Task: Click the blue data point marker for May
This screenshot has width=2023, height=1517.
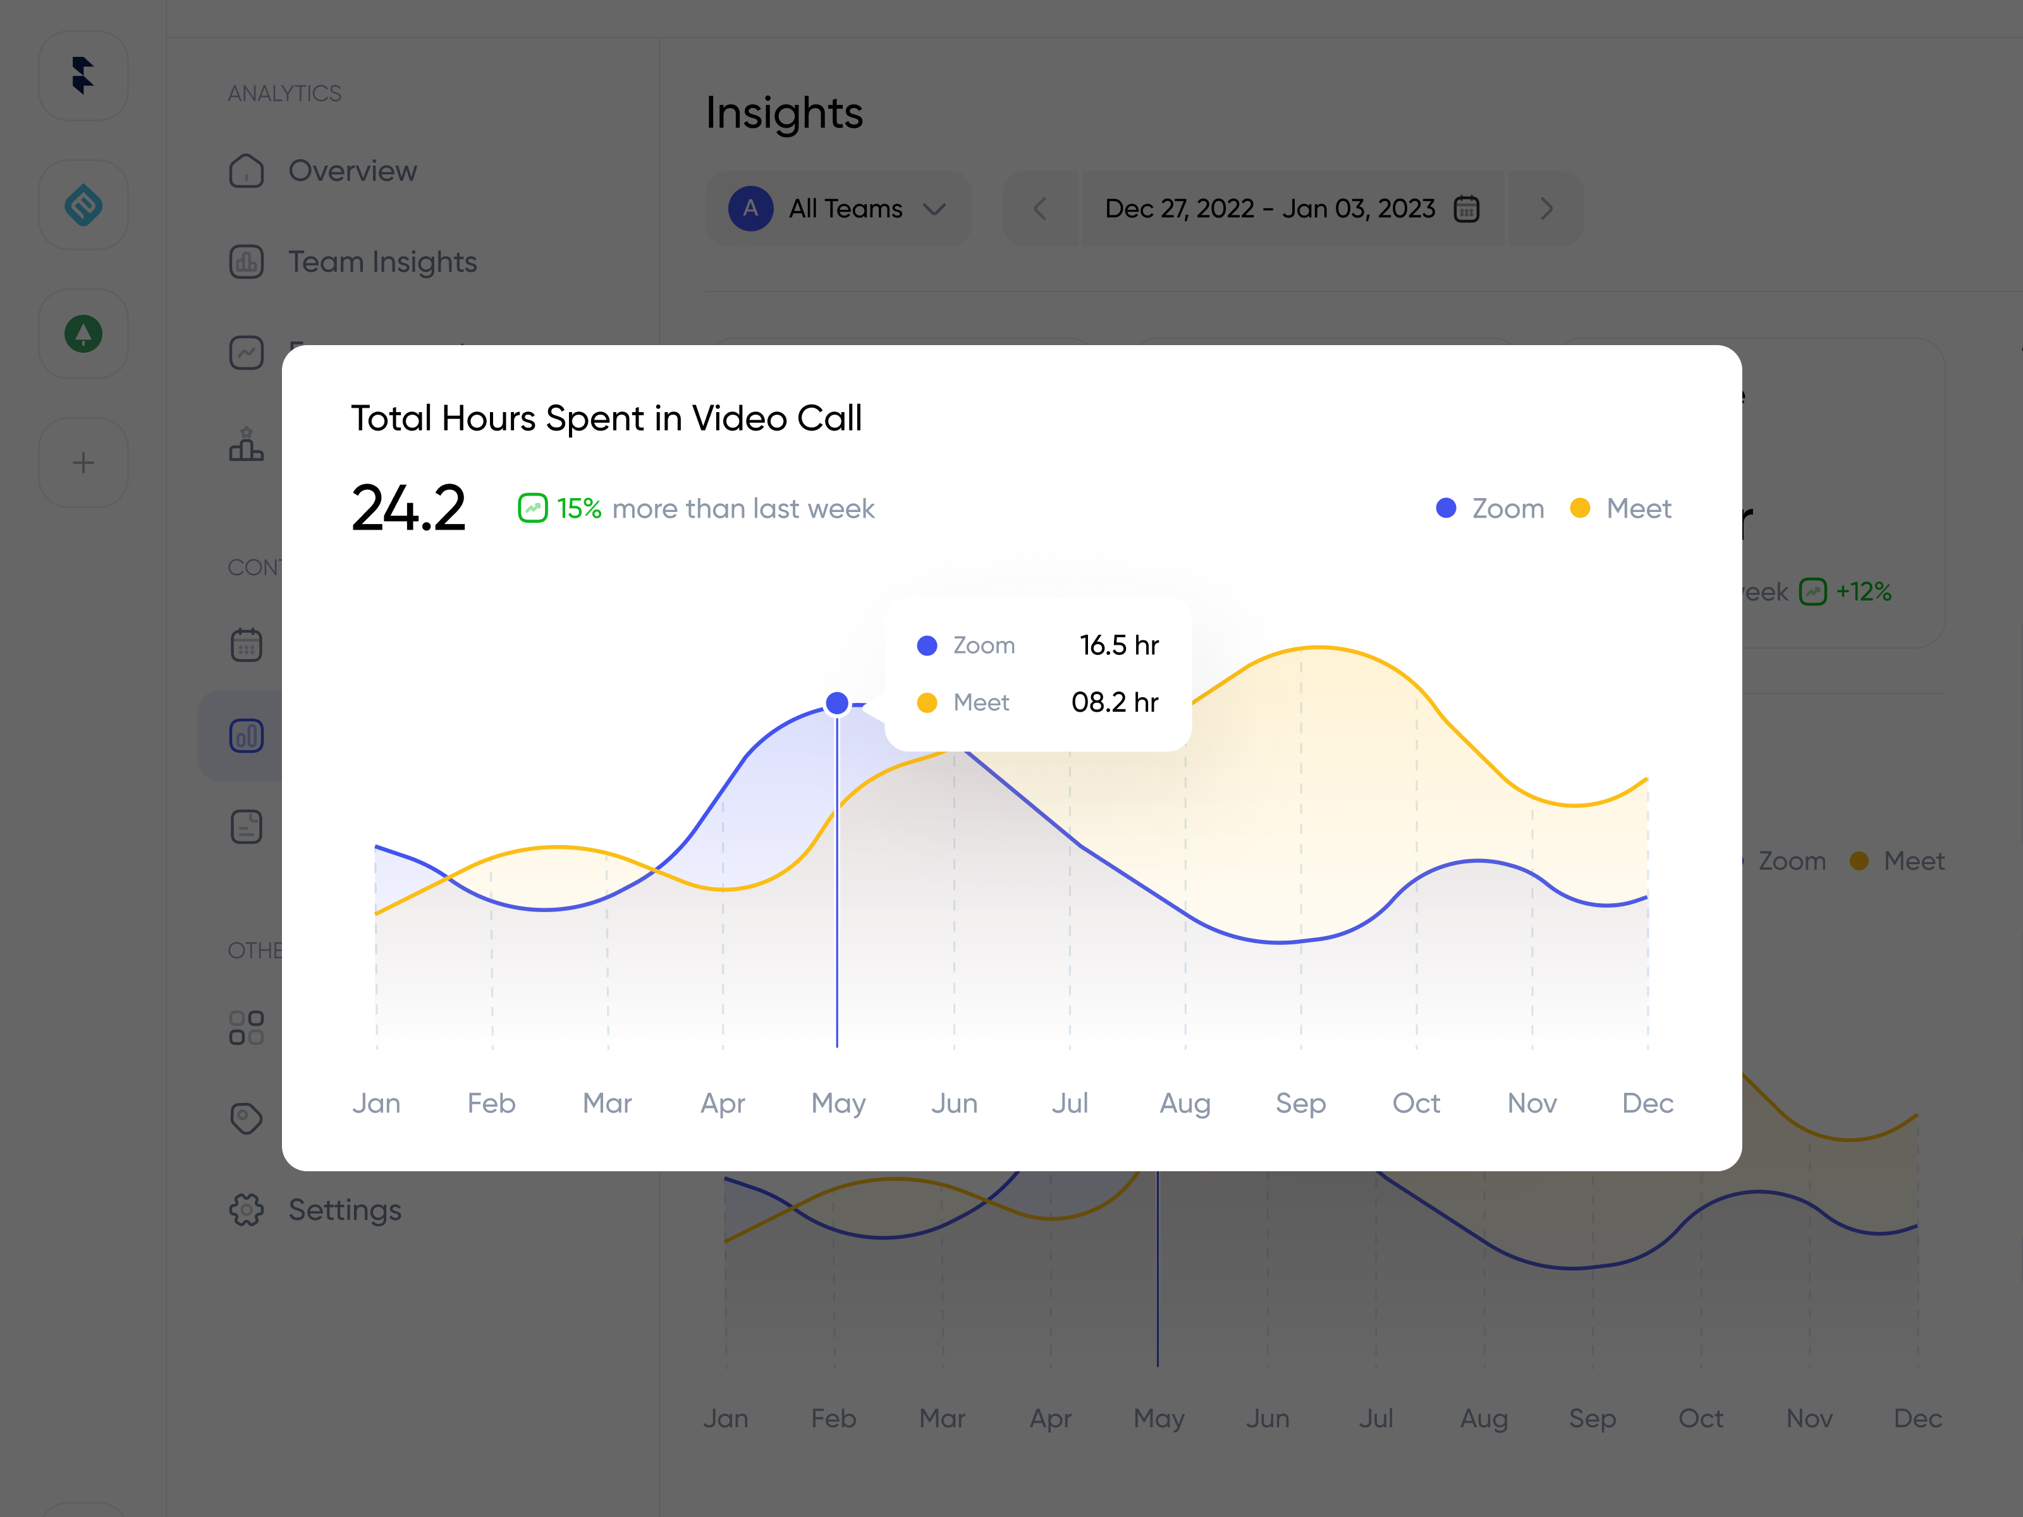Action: (837, 703)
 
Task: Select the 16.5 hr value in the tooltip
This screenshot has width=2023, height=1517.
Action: (1118, 645)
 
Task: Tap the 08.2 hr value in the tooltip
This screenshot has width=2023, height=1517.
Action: (1114, 702)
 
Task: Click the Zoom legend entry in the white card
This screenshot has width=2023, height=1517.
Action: (1491, 508)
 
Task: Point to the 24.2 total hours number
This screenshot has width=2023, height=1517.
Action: (409, 508)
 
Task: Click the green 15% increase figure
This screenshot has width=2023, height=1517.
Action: (578, 508)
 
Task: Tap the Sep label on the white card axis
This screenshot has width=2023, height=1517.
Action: (1300, 1104)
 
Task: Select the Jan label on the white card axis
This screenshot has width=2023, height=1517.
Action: (376, 1104)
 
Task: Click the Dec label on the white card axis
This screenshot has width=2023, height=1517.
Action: (1647, 1104)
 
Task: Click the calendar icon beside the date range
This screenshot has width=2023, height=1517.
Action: (1467, 209)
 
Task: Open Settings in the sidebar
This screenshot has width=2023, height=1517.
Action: (344, 1210)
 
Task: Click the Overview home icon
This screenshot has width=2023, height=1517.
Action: (246, 171)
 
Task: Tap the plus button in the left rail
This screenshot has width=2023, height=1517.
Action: (83, 463)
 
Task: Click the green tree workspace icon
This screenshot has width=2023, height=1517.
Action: (83, 334)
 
